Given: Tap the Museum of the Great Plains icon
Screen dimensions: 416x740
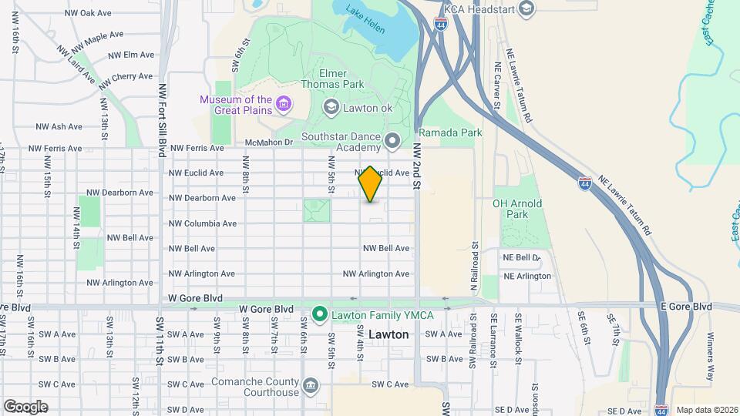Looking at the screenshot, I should (283, 103).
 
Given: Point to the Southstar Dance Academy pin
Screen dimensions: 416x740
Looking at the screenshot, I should (392, 141).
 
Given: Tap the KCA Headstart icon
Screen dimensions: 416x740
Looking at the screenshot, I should (526, 8).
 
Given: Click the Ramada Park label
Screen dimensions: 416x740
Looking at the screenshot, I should (450, 133).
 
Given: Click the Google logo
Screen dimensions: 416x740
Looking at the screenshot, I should (25, 407).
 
